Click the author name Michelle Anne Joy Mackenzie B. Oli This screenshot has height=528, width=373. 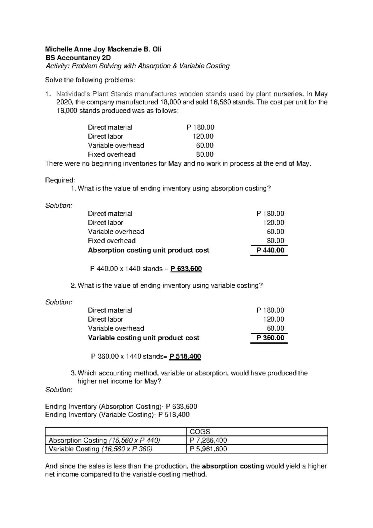pos(103,49)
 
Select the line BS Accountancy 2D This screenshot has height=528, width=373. pos(78,58)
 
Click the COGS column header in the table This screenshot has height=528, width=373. pos(200,431)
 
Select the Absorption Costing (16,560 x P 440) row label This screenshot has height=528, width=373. pos(104,440)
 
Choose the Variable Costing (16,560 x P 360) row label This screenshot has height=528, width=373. pos(101,449)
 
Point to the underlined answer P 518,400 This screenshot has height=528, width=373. pos(185,356)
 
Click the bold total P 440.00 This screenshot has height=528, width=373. pos(270,250)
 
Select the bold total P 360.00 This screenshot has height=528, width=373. pos(270,338)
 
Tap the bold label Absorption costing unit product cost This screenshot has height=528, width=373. pos(149,250)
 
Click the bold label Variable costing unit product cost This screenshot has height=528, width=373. pos(144,338)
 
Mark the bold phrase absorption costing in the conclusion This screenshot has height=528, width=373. pos(233,466)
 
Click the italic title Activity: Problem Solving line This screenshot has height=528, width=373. pos(137,66)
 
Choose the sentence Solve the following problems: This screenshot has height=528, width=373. pos(90,80)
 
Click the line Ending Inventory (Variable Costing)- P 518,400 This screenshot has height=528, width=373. pos(117,415)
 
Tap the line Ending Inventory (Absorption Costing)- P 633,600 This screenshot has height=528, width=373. pos(121,407)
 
